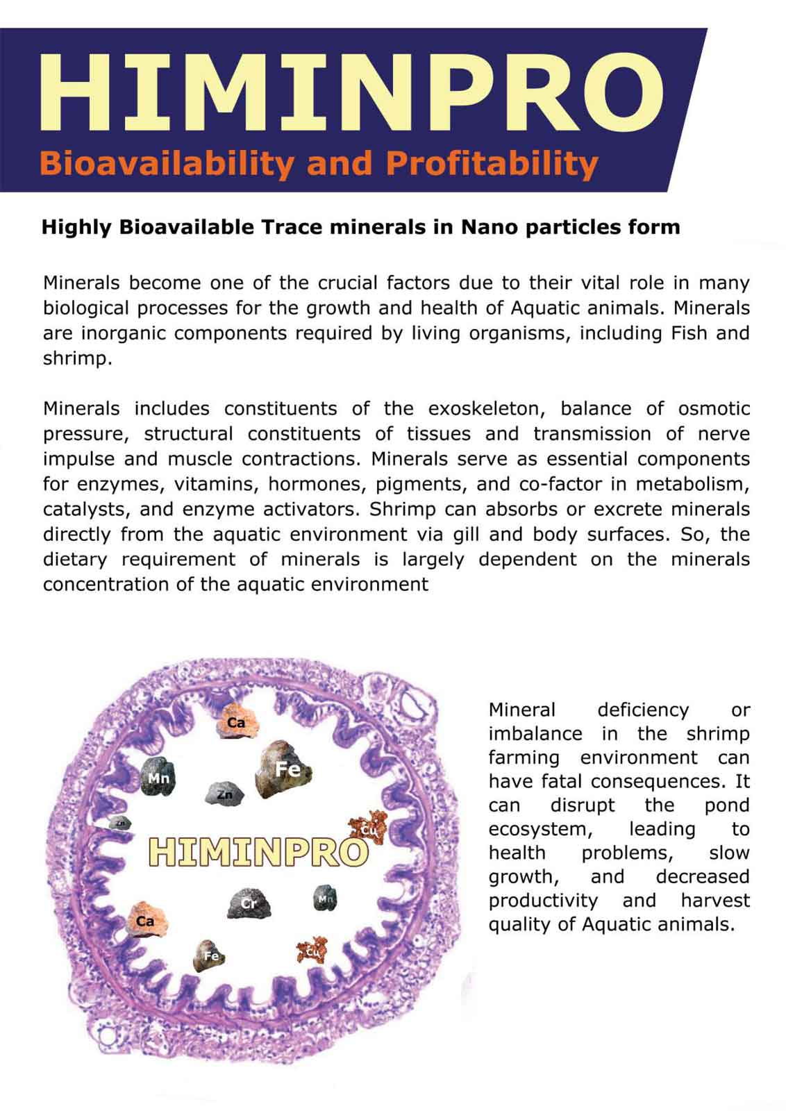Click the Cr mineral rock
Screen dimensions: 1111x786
(x=249, y=903)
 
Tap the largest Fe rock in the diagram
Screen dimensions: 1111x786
(x=283, y=769)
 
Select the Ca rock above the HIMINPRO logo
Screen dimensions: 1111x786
(x=236, y=723)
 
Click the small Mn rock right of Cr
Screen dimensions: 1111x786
(x=326, y=899)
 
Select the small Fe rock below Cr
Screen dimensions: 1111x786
(x=210, y=955)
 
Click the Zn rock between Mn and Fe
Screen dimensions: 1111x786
(x=225, y=794)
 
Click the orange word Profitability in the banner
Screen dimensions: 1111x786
(x=492, y=163)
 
